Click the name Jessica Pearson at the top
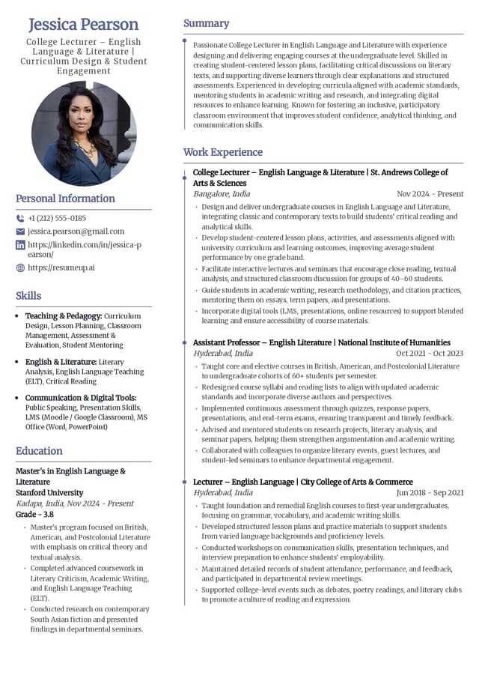(83, 25)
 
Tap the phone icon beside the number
(20, 218)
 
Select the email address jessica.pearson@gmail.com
(76, 231)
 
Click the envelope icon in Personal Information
(20, 231)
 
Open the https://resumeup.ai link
(61, 267)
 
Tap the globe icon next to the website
(20, 267)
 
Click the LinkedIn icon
(20, 245)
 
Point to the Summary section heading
(206, 24)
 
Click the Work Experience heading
(222, 153)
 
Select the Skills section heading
(28, 296)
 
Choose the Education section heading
(39, 451)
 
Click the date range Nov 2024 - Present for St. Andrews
(430, 194)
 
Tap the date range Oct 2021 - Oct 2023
(430, 354)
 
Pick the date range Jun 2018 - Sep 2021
(430, 493)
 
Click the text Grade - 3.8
(34, 515)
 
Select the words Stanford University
(49, 493)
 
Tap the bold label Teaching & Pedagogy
(64, 316)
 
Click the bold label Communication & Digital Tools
(81, 398)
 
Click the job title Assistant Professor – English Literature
(262, 342)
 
